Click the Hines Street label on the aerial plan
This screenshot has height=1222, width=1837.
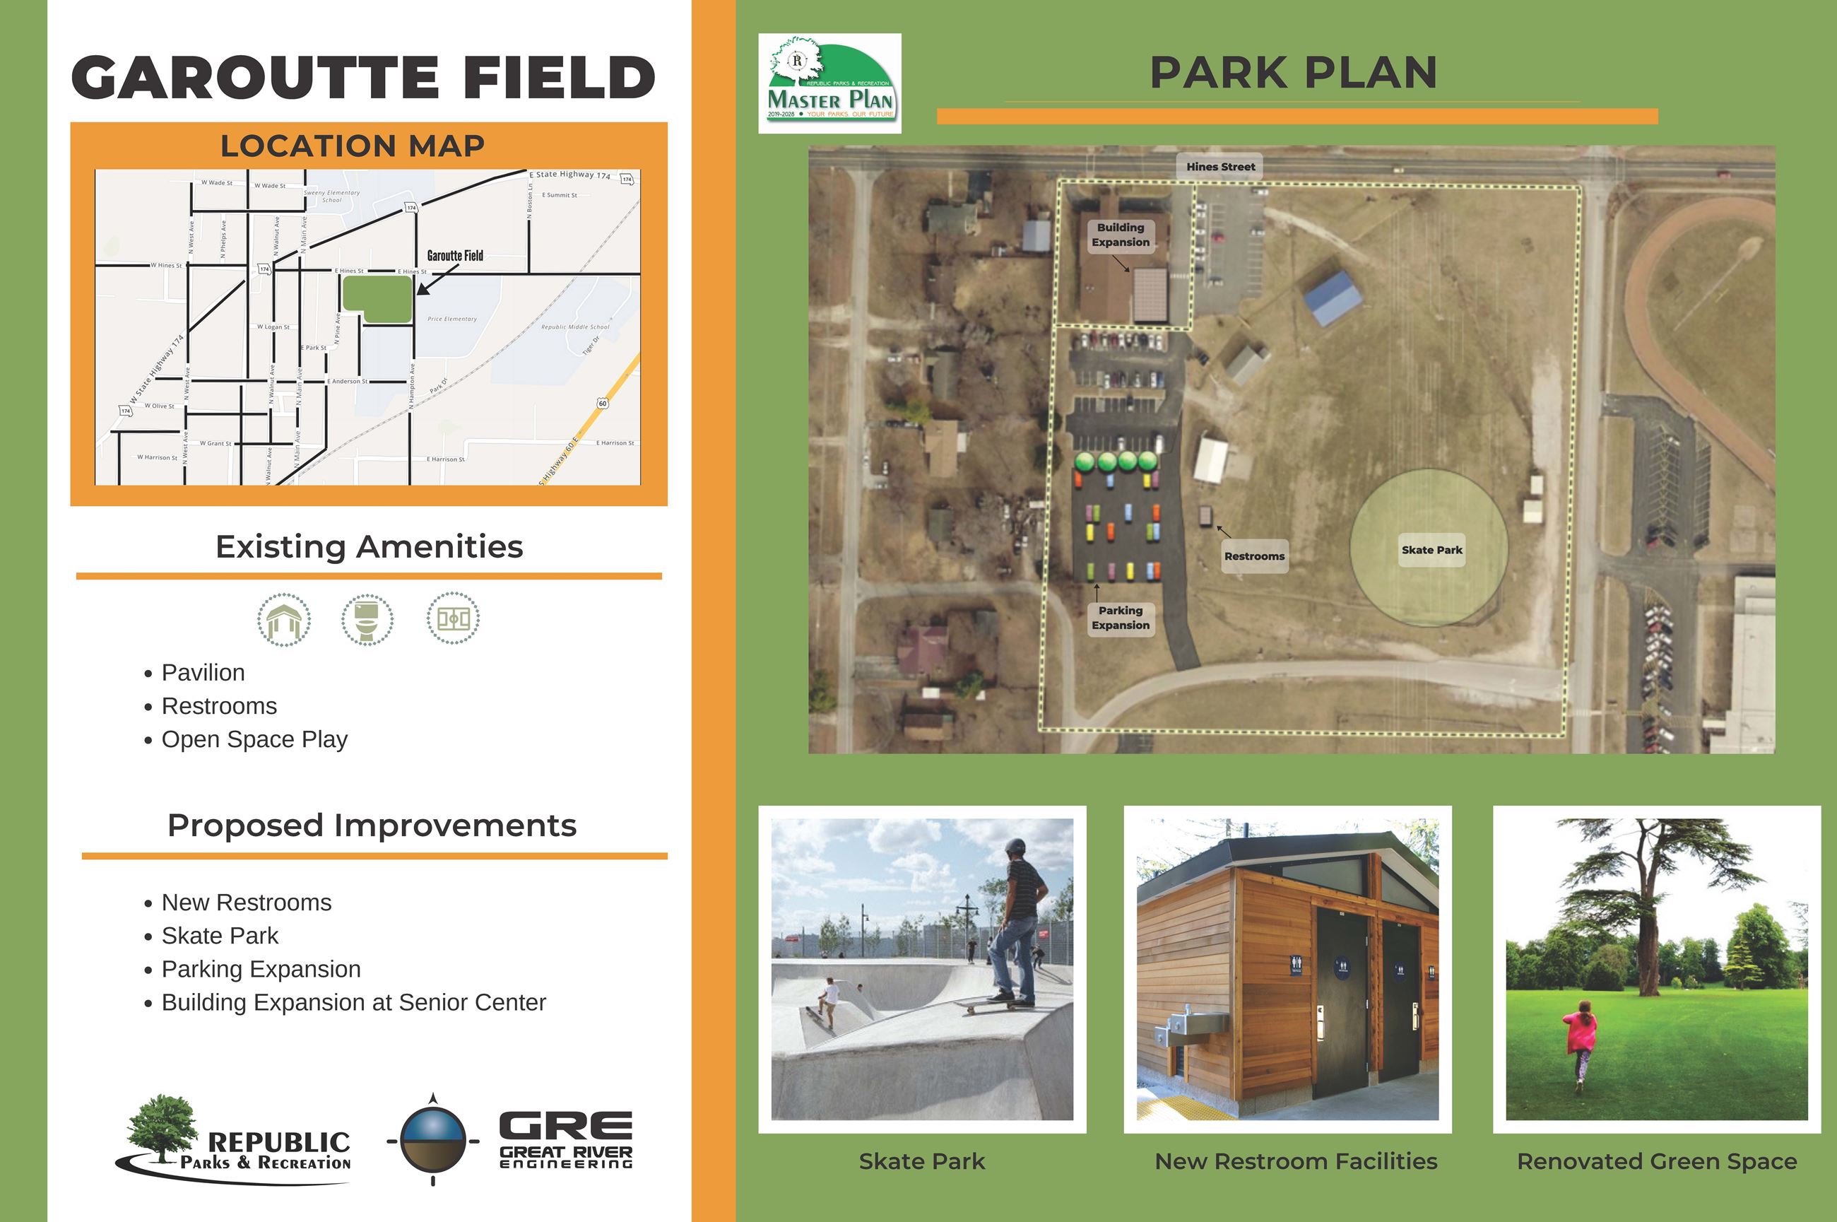point(1220,167)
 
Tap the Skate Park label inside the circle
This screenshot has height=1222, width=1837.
point(1432,549)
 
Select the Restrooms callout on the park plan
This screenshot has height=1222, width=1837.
point(1253,556)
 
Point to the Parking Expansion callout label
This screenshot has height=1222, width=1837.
point(1121,618)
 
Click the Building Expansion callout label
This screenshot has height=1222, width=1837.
point(1121,235)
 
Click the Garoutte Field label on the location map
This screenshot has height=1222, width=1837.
point(455,256)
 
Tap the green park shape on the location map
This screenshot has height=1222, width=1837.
point(378,299)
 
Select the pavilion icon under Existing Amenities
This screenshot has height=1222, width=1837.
point(284,620)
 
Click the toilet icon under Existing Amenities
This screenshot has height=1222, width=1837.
point(367,620)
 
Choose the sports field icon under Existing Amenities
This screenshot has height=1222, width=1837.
point(453,620)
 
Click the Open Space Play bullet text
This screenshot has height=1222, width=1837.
point(254,739)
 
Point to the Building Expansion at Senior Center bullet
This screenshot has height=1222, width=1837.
point(354,1002)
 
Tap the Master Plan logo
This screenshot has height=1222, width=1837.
point(829,83)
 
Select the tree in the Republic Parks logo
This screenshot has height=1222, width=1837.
point(161,1129)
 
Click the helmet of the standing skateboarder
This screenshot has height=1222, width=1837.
point(1015,847)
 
